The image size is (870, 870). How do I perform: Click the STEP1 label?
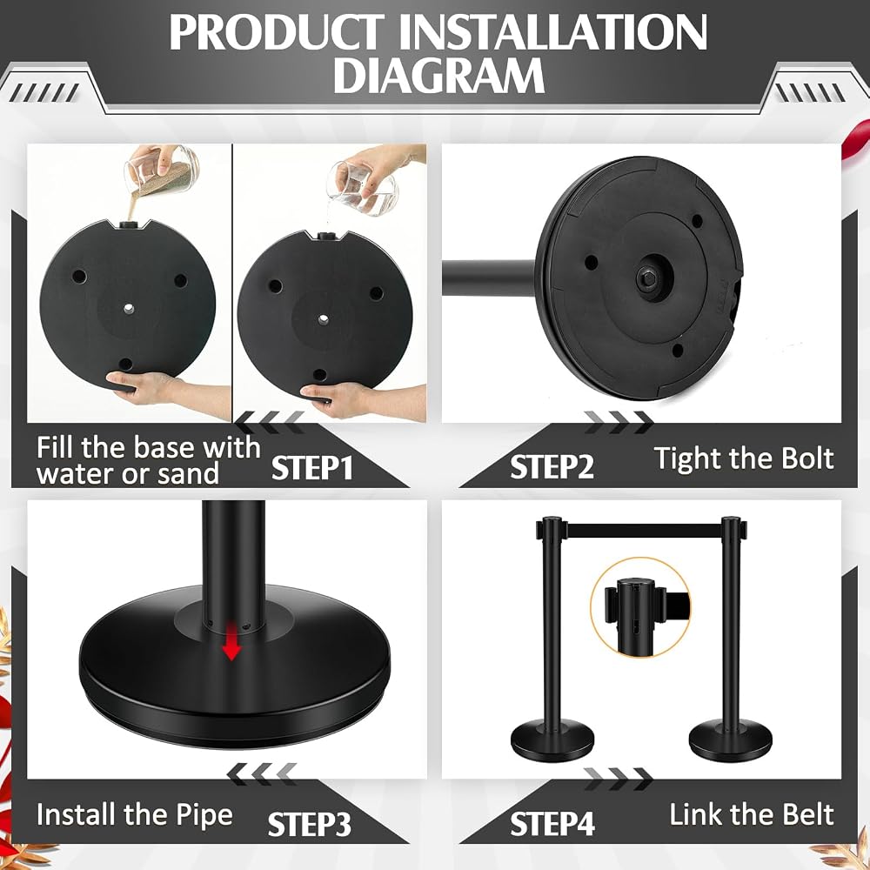312,468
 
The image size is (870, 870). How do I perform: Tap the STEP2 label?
552,467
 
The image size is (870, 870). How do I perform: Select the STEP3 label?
310,824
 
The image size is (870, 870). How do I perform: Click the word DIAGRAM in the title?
438,75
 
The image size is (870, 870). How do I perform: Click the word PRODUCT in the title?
277,33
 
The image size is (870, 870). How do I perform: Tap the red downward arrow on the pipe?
231,641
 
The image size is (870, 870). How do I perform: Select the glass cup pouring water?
364,189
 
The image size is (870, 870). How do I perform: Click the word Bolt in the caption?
807,458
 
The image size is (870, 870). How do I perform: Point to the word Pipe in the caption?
204,816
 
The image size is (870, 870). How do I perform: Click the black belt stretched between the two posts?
644,531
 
